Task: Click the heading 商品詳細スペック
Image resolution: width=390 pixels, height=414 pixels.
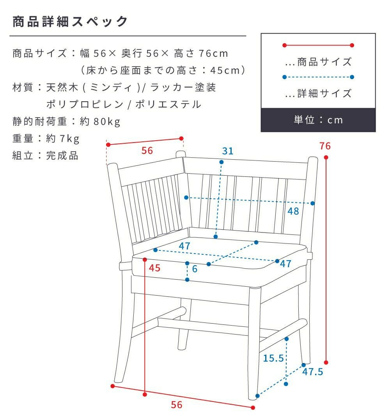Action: pyautogui.click(x=70, y=21)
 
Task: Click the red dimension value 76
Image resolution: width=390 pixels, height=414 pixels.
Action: pyautogui.click(x=325, y=146)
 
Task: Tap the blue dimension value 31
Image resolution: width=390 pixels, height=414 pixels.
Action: pyautogui.click(x=228, y=151)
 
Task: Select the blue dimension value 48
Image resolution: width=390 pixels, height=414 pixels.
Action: pyautogui.click(x=293, y=211)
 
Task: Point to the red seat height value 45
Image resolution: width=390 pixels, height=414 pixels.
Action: pyautogui.click(x=155, y=268)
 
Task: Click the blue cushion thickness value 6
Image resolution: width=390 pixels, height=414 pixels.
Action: pyautogui.click(x=195, y=269)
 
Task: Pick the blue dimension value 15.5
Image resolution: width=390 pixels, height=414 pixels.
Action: pyautogui.click(x=273, y=358)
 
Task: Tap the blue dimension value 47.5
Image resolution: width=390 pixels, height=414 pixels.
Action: pyautogui.click(x=313, y=372)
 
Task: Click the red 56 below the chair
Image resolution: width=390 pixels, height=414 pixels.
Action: pyautogui.click(x=177, y=405)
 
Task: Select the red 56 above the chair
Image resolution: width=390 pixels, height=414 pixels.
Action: pyautogui.click(x=147, y=151)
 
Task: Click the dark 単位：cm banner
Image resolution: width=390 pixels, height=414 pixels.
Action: pyautogui.click(x=318, y=120)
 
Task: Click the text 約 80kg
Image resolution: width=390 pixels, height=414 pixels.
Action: pyautogui.click(x=100, y=122)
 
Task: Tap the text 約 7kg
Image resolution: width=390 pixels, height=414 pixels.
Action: pyautogui.click(x=63, y=139)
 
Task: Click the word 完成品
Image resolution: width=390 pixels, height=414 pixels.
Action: pyautogui.click(x=62, y=155)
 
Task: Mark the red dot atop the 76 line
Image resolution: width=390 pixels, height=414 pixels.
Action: pyautogui.click(x=326, y=157)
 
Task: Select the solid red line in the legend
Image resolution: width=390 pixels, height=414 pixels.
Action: pyautogui.click(x=318, y=46)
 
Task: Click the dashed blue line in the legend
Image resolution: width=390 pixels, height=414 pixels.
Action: pyautogui.click(x=318, y=77)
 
